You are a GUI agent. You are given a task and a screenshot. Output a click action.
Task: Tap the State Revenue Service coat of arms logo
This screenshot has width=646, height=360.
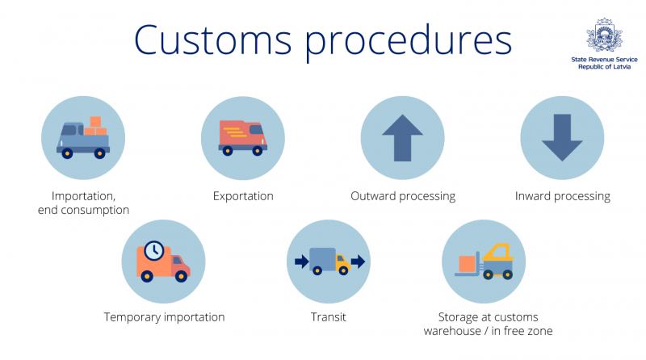(x=604, y=36)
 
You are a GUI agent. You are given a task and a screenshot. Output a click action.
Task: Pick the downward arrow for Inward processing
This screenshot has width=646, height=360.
(x=562, y=138)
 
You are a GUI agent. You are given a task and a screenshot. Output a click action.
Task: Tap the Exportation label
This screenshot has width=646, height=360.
(x=243, y=196)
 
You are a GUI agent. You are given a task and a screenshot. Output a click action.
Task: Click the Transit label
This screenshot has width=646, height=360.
(x=329, y=317)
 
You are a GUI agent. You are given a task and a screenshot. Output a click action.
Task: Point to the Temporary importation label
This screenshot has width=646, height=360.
(x=164, y=317)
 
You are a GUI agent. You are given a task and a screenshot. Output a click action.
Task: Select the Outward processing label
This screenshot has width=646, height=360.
(x=403, y=196)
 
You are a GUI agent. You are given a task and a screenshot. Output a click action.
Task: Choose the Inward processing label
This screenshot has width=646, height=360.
(x=563, y=196)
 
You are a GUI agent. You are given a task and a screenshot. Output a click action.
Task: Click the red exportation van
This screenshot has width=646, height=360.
(x=242, y=137)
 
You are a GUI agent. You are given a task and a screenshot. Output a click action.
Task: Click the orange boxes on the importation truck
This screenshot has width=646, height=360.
(x=96, y=126)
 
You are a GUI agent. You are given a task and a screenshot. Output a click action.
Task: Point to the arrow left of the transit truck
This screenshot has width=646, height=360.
(x=300, y=262)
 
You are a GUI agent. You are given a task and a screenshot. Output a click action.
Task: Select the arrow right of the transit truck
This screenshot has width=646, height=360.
(x=358, y=262)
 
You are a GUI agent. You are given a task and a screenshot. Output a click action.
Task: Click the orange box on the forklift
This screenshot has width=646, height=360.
(x=468, y=264)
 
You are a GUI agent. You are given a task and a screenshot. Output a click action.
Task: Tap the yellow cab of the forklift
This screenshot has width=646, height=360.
(x=500, y=253)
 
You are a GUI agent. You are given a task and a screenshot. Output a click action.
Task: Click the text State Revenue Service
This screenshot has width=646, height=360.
(x=604, y=60)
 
